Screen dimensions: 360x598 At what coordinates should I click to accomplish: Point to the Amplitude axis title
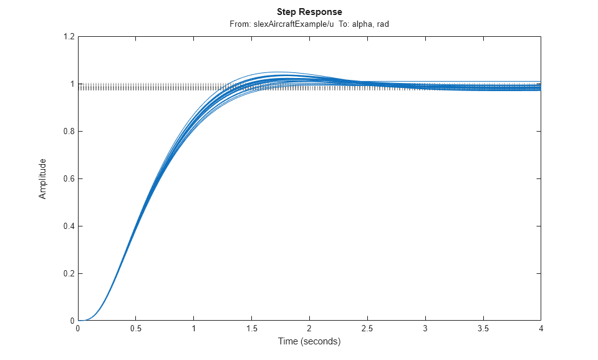(42, 178)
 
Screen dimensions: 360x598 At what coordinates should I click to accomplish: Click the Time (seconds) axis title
(309, 341)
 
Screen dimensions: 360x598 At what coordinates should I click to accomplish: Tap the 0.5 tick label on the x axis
(136, 328)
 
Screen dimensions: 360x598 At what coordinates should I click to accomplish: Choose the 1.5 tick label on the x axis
(251, 328)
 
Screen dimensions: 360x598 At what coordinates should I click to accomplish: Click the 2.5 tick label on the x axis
(367, 328)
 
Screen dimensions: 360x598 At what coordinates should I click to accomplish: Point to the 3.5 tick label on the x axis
(483, 328)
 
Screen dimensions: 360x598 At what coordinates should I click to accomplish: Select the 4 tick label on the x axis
(541, 328)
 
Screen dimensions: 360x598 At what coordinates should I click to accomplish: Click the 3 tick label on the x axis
(425, 328)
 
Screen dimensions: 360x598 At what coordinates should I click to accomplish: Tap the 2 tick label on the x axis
(309, 328)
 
